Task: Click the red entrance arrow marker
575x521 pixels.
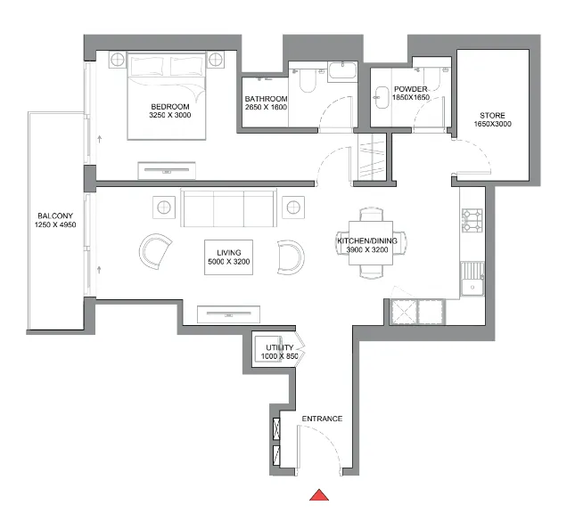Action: [x=320, y=495]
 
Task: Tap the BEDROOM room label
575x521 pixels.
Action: [x=170, y=104]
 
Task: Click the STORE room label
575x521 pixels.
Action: [x=491, y=116]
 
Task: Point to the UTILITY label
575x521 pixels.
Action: [x=279, y=346]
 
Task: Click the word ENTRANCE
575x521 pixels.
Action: [x=322, y=419]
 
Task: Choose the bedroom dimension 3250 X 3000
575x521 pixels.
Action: [x=170, y=115]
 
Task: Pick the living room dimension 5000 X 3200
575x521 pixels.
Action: [x=228, y=262]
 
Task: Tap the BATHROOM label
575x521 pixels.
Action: [x=267, y=99]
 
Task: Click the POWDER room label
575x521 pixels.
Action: [x=411, y=89]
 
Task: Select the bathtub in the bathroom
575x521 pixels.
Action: [x=341, y=71]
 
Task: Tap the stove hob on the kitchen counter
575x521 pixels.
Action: [x=471, y=219]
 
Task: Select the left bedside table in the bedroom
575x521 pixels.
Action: [x=118, y=60]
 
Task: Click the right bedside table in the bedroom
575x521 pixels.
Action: [x=215, y=60]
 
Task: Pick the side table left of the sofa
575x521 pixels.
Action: [x=165, y=208]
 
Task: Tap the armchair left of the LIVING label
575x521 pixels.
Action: [x=157, y=250]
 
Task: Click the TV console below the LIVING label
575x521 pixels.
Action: [x=228, y=313]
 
